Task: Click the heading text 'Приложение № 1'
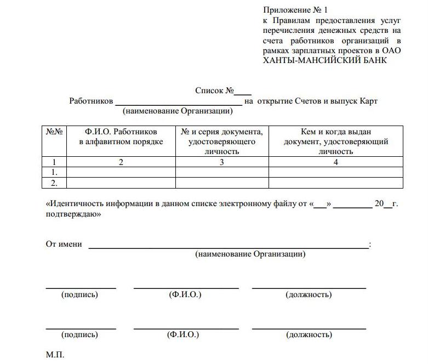(295, 10)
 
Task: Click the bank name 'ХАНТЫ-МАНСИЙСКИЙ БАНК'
(325, 60)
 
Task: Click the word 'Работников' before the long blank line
(91, 101)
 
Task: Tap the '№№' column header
(54, 132)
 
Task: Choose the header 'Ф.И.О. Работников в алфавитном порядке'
(121, 137)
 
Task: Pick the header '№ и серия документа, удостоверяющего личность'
(222, 141)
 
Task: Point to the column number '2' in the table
(121, 162)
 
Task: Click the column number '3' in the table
(222, 162)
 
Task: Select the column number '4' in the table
(336, 162)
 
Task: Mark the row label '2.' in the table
(54, 183)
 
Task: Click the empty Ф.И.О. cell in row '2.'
(121, 183)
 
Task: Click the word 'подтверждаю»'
(72, 215)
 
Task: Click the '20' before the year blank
(379, 204)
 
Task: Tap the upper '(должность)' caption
(309, 295)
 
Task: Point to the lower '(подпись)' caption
(80, 334)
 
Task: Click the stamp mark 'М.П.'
(55, 355)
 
